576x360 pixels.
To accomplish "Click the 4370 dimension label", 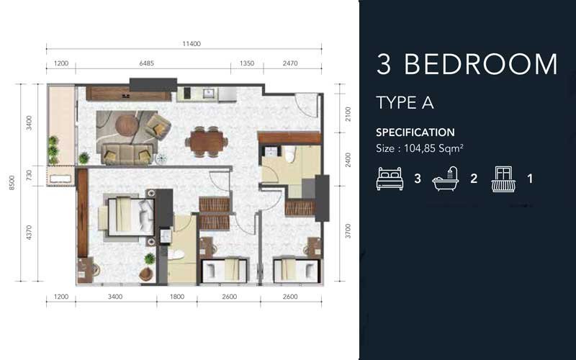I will pos(30,233).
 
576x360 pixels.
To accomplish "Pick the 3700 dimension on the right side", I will pos(348,230).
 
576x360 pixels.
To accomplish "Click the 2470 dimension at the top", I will pos(289,63).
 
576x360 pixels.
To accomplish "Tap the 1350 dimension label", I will pos(246,63).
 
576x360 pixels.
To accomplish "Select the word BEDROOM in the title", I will pos(480,65).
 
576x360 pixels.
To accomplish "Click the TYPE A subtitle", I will pos(405,102).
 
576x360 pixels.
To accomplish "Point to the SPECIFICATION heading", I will pos(415,132).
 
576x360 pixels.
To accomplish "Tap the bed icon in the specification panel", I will pos(390,179).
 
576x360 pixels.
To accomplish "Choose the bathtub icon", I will pos(446,179).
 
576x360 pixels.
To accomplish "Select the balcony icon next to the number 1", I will pos(503,179).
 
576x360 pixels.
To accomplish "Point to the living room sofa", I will pos(127,153).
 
